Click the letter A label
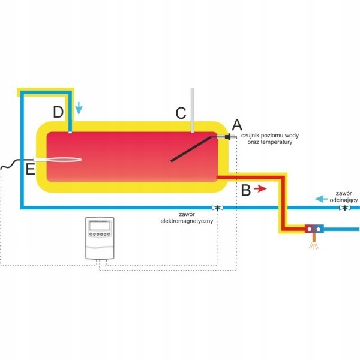pyautogui.click(x=237, y=125)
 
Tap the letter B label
pyautogui.click(x=246, y=190)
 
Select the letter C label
pyautogui.click(x=181, y=113)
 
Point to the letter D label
pyautogui.click(x=58, y=112)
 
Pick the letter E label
pyautogui.click(x=30, y=169)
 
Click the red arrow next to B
pyautogui.click(x=260, y=189)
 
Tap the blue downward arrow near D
pyautogui.click(x=79, y=108)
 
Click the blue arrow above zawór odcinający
pyautogui.click(x=321, y=199)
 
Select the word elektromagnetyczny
pyautogui.click(x=187, y=221)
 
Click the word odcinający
pyautogui.click(x=344, y=200)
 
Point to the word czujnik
pyautogui.click(x=251, y=136)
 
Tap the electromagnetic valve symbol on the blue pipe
pyautogui.click(x=217, y=208)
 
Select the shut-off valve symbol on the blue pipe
pyautogui.click(x=345, y=208)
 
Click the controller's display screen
pyautogui.click(x=100, y=226)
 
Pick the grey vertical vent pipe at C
pyautogui.click(x=193, y=110)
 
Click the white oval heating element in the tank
pyautogui.click(x=58, y=160)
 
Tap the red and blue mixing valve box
pyautogui.click(x=314, y=229)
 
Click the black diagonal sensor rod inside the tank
pyautogui.click(x=191, y=149)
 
